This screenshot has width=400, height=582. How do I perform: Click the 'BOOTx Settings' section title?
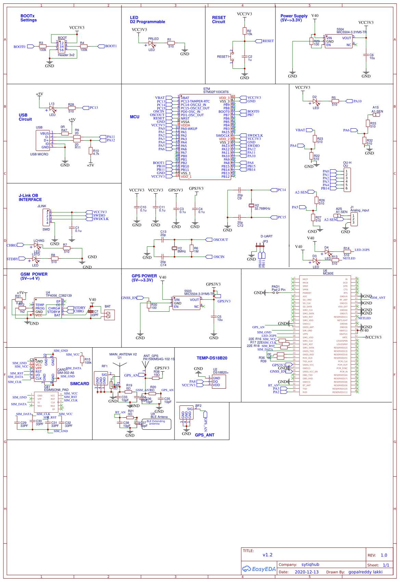point(28,18)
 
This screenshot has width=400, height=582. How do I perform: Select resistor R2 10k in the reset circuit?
point(245,31)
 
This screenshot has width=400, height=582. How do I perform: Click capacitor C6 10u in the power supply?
point(366,55)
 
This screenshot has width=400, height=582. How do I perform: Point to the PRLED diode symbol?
point(151,43)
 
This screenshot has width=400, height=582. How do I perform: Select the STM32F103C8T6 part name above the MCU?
point(216,92)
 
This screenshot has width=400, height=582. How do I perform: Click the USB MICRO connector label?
point(39,154)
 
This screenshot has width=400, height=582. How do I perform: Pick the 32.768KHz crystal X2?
point(251,205)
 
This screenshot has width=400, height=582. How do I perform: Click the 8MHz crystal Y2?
point(175,248)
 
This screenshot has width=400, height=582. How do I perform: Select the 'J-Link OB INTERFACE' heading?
point(30,198)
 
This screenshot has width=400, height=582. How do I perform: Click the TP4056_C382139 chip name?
point(59,296)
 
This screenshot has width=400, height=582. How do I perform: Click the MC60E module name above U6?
point(328,273)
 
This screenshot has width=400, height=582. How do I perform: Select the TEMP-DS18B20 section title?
point(212,358)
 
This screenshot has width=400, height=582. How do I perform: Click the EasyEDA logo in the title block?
point(259,569)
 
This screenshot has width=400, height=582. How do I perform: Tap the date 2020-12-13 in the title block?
point(306,572)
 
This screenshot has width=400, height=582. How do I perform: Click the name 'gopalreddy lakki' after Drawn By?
point(365,572)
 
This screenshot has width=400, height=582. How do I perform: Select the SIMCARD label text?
point(79,384)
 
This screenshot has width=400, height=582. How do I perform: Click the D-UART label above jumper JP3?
point(266,236)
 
